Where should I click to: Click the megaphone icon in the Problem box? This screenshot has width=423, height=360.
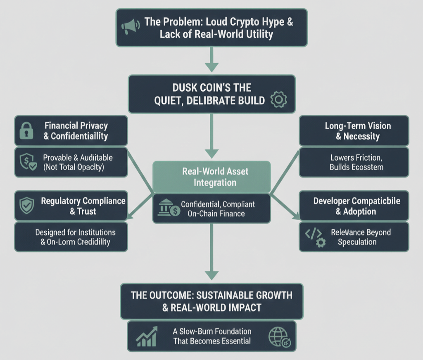[x=129, y=28]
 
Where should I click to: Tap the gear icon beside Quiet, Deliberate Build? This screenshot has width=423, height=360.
[x=278, y=99]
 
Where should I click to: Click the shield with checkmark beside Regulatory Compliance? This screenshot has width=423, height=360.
[x=27, y=206]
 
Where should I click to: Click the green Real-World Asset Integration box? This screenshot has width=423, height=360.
[x=211, y=177]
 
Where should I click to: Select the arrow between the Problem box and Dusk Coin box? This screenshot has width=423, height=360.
[x=211, y=59]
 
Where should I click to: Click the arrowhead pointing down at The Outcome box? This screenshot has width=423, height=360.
[x=211, y=275]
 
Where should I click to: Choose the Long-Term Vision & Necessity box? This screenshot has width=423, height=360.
[x=354, y=131]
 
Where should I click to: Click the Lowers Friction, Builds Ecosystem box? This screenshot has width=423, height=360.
[x=354, y=162]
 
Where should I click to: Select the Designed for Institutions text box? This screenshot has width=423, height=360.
[x=71, y=237]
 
